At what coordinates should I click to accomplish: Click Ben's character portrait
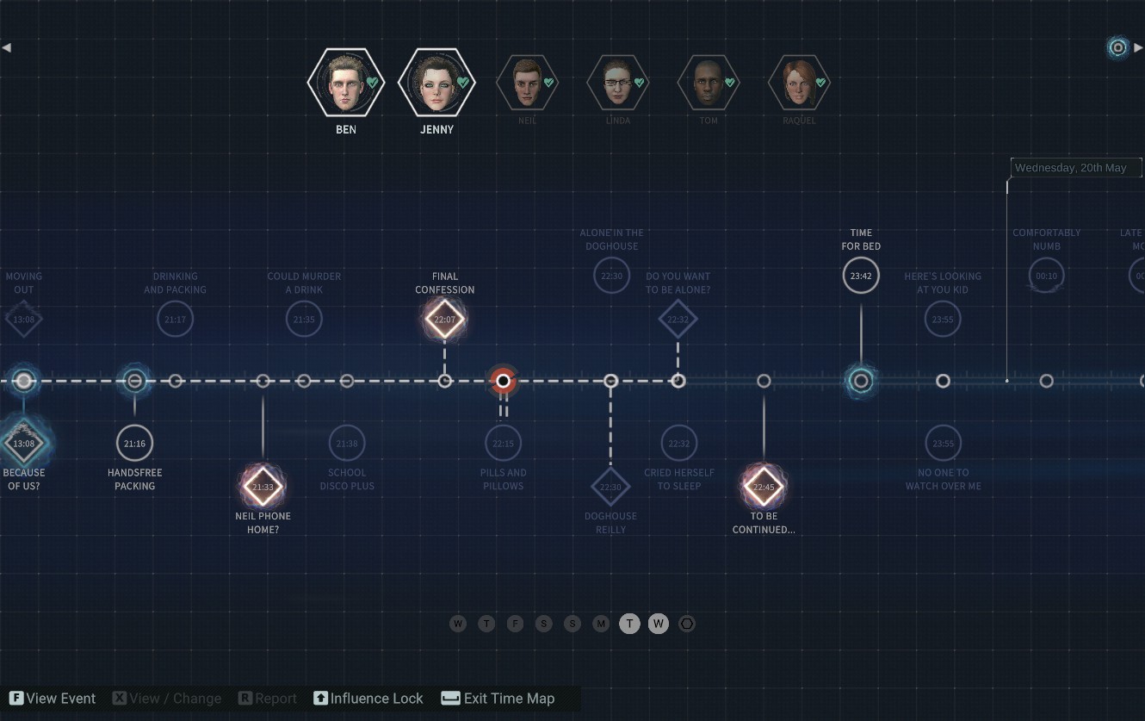345,83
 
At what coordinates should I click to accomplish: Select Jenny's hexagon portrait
436,83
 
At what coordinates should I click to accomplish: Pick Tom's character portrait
708,83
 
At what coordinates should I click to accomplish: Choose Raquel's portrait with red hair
799,83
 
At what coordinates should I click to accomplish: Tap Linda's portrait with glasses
617,83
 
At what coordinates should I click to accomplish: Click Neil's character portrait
527,83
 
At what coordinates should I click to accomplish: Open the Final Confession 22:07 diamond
444,320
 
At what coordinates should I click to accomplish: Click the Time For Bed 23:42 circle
861,276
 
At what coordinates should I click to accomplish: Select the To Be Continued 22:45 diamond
764,487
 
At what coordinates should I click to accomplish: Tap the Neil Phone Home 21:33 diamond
263,487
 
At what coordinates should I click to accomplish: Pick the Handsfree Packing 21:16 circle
134,443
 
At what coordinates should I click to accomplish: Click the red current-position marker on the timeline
503,381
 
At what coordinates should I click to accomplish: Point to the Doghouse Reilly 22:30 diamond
610,487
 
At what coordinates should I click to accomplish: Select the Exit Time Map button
499,699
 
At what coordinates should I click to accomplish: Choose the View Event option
53,699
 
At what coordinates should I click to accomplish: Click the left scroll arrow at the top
7,48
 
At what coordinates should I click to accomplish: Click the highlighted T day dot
629,624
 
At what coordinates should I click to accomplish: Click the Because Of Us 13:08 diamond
24,444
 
